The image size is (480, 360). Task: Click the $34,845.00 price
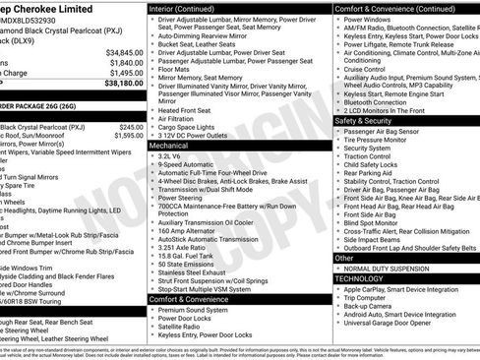point(124,52)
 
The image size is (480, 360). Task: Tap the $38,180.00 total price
point(123,84)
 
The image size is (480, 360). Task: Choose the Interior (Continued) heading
point(189,8)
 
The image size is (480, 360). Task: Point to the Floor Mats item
point(176,69)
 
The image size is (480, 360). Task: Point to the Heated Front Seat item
point(188,111)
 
